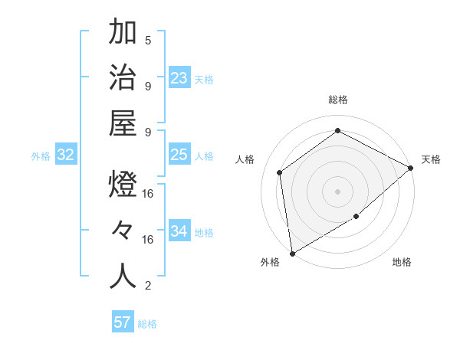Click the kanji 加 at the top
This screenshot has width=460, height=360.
[123, 34]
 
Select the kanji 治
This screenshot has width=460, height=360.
[123, 78]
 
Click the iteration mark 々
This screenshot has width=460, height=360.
[123, 231]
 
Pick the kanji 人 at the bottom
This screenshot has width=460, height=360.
[123, 276]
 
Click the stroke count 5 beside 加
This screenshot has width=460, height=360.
[148, 40]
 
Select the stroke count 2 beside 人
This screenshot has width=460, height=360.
[148, 286]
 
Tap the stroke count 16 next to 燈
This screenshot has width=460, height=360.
[148, 195]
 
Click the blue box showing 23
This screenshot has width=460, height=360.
[179, 78]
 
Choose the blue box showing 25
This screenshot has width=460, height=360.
[179, 155]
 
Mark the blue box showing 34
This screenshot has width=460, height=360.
[179, 231]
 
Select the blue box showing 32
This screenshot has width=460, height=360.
[66, 155]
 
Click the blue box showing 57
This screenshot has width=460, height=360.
[123, 322]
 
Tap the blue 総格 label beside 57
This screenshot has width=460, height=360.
[147, 324]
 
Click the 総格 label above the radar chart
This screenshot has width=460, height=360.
[337, 100]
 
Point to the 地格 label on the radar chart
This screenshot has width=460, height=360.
[402, 263]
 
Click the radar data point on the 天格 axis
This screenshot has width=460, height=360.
[411, 168]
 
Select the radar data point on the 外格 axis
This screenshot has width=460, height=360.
[292, 253]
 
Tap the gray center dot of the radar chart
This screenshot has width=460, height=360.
[337, 191]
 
